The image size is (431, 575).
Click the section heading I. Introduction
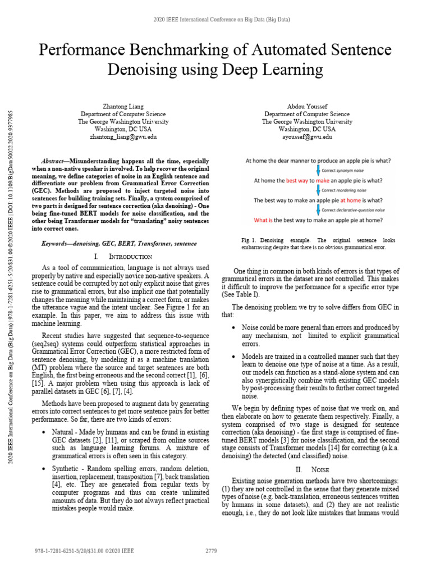point(117,256)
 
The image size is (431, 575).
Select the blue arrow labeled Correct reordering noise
point(319,190)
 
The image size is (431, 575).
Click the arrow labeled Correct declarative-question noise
point(319,209)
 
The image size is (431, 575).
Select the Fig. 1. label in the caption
point(248,240)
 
